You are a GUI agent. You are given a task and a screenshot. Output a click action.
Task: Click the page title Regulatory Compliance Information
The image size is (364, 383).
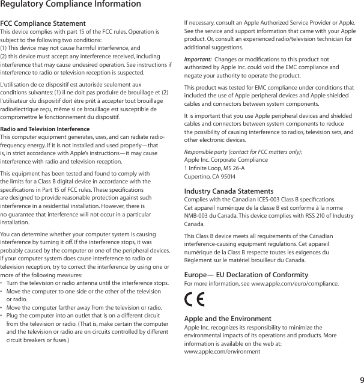pos(71,5)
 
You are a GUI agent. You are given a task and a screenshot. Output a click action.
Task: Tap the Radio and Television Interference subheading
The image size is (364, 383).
pos(45,129)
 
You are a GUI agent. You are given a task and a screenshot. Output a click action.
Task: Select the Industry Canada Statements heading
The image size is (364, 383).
pos(229,192)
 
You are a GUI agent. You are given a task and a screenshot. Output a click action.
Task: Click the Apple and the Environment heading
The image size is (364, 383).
pos(228,319)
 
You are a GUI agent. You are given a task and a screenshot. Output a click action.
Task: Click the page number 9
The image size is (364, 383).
pos(359,378)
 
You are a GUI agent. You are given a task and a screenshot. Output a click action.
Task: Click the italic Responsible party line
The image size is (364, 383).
pos(243,153)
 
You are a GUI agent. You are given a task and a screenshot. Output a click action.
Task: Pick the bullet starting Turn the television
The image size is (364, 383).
pos(87,283)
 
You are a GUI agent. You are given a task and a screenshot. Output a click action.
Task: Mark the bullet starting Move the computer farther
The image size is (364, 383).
pos(84,307)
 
